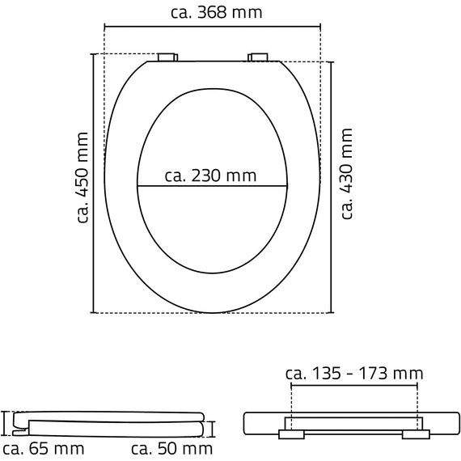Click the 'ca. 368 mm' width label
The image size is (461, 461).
pos(217,12)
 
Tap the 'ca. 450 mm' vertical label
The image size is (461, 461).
pos(82,178)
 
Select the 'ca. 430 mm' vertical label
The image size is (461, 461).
pos(346,174)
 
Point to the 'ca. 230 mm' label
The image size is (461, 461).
pos(210,176)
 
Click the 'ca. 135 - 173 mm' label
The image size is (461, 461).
pos(354,374)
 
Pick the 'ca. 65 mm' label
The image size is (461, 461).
pos(43,449)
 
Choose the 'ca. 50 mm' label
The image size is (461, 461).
pos(171,449)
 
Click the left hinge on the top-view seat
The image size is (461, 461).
pos(167,57)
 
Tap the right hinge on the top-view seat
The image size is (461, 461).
pos(258,57)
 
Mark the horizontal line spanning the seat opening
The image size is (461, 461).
pos(212,186)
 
